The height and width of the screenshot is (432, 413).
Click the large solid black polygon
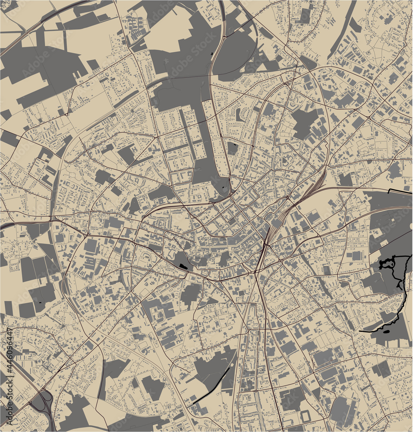tap(183, 266)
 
